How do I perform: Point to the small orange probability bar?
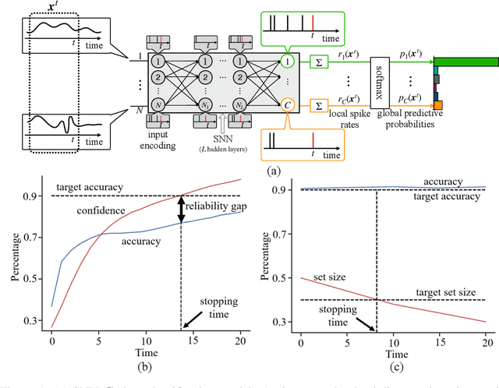439,104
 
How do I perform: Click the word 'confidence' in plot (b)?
101,211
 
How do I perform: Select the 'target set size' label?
445,291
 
